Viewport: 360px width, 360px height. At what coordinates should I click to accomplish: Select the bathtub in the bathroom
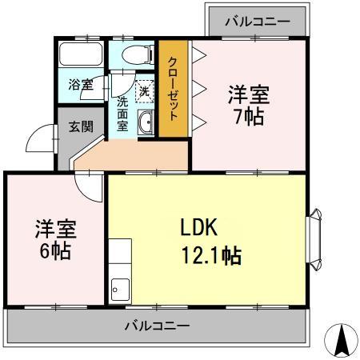[x=81, y=58]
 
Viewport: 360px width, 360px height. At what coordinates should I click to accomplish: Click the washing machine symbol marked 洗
[x=144, y=90]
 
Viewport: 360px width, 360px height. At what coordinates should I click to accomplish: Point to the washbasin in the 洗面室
[x=146, y=123]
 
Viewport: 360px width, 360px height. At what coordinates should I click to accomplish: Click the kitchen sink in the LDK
[x=120, y=285]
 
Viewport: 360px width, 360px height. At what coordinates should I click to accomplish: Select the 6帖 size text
[x=55, y=251]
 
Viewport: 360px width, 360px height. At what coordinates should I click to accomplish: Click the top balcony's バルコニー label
[x=256, y=20]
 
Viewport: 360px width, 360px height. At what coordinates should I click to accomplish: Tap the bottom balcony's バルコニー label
[x=157, y=326]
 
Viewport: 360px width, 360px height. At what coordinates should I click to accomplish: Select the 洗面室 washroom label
[x=124, y=114]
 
